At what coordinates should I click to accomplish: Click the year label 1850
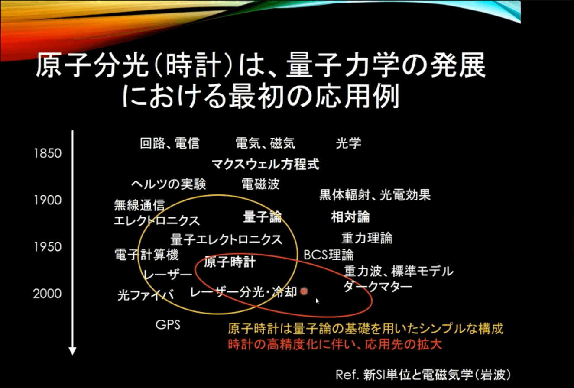coord(48,153)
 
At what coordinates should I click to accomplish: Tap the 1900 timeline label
coord(48,200)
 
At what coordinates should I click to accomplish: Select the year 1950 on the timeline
coord(48,247)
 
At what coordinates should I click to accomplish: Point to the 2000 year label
coord(47,294)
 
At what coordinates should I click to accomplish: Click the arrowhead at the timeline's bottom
coord(72,351)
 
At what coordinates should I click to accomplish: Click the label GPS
coord(168,325)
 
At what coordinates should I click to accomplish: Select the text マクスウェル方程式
coord(266,164)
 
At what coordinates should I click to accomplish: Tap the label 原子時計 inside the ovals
coord(230,262)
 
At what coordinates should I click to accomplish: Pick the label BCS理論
coord(328,255)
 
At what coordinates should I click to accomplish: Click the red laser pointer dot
coord(304,291)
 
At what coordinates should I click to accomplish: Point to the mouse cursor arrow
coord(318,301)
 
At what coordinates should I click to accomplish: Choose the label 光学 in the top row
coord(348,143)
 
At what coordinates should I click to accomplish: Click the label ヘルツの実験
coord(169,184)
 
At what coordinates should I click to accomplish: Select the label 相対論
coord(350,217)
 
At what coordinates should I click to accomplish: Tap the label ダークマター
coord(378,287)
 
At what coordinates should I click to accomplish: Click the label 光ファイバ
coord(146,295)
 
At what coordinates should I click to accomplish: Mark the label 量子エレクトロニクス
coord(227,240)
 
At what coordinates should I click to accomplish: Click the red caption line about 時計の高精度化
coord(335,344)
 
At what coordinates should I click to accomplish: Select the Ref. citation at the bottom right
coord(423,375)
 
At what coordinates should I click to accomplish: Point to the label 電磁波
coord(261,184)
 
